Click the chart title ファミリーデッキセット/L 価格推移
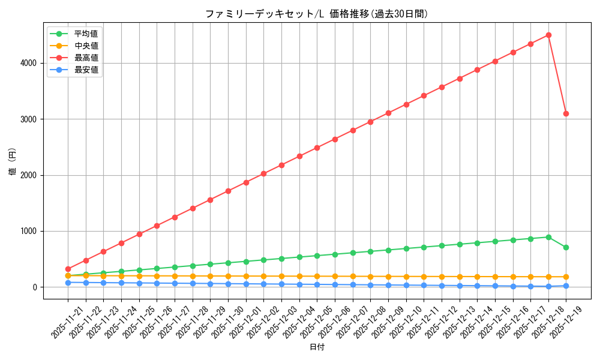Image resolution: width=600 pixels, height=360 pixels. click(317, 14)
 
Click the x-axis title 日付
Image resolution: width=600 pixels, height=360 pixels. click(317, 347)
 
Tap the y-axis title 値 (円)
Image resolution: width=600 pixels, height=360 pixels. click(13, 161)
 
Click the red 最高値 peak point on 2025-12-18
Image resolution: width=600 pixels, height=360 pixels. click(548, 35)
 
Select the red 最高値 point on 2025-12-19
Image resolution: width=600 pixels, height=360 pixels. click(566, 113)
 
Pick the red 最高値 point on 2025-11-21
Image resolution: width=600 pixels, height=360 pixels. click(68, 269)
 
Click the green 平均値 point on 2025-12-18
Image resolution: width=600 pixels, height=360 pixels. click(548, 237)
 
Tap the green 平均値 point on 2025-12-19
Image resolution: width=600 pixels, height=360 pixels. click(566, 247)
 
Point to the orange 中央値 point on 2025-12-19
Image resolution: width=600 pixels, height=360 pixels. click(566, 277)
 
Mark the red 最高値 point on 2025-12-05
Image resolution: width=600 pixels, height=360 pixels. click(317, 148)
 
